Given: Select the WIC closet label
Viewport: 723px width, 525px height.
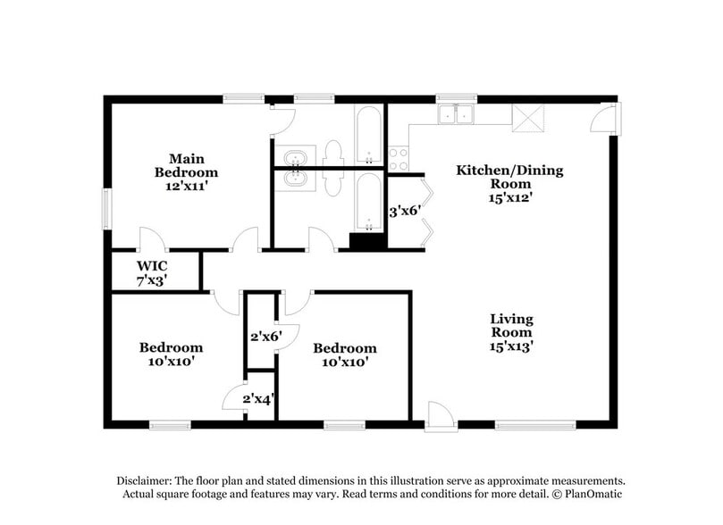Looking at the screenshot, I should point(152,265).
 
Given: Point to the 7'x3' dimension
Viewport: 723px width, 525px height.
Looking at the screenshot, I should point(152,279).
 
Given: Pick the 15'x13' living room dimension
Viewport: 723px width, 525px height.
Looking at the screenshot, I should point(511,347).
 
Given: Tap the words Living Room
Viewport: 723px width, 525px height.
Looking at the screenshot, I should point(511,326).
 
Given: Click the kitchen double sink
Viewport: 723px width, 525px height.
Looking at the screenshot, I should point(457,114).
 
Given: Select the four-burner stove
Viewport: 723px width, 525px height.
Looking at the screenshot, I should point(398,159).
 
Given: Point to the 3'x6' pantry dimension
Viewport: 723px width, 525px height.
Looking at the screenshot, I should point(404,212).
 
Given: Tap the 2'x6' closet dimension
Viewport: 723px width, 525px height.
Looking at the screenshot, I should point(265,337).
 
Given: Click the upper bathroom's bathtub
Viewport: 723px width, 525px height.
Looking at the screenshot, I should point(369,134).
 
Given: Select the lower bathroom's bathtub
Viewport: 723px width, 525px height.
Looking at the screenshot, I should point(369,202).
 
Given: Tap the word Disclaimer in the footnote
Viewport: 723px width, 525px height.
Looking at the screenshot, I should point(144,479).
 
